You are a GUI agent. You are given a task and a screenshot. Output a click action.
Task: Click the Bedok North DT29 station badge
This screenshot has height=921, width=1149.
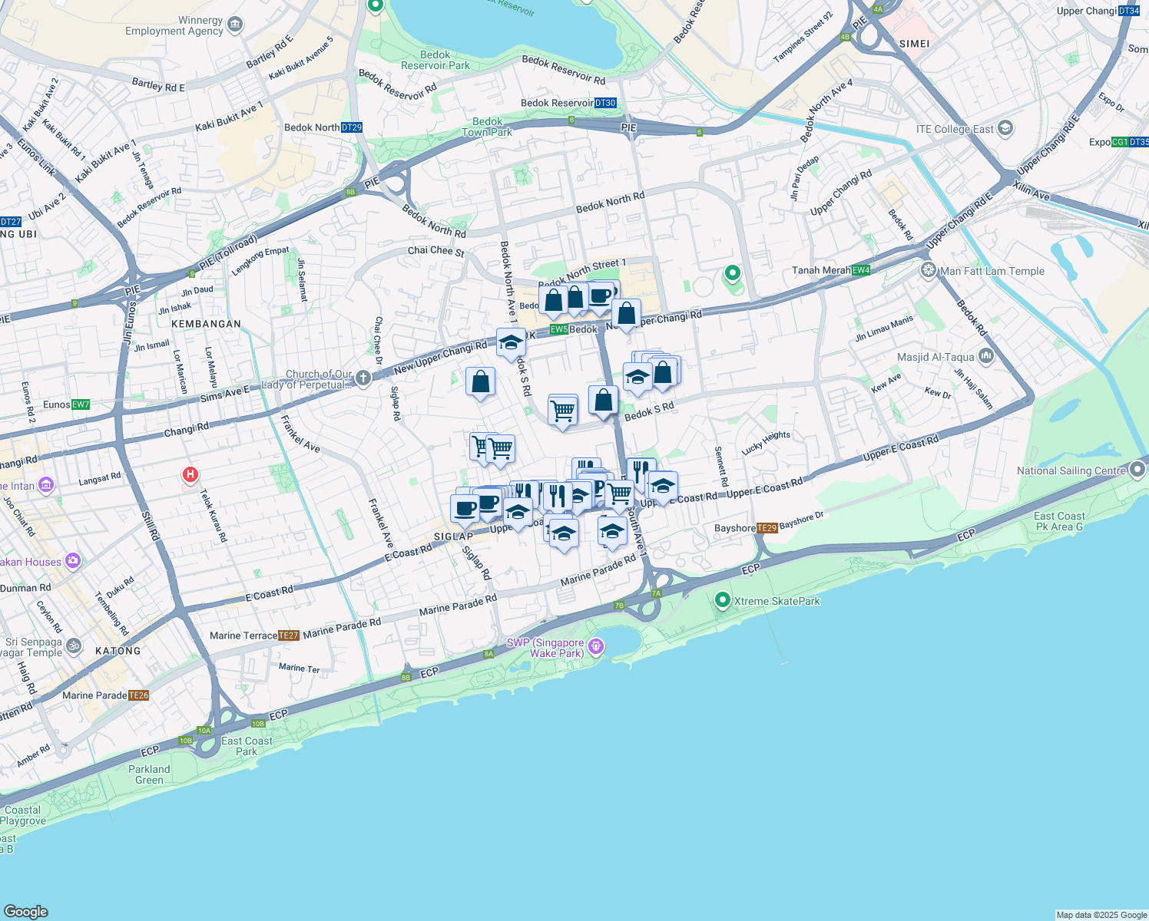351,127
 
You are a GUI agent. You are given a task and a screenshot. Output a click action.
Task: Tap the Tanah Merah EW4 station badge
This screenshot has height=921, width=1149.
861,270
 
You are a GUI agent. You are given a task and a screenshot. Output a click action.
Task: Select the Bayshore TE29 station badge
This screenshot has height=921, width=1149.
767,528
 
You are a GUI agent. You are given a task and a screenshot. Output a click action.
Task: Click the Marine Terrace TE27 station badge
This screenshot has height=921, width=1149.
288,635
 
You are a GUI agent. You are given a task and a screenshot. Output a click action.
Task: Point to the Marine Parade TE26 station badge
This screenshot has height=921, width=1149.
138,695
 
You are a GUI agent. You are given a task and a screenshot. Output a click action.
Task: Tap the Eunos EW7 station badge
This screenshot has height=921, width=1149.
81,404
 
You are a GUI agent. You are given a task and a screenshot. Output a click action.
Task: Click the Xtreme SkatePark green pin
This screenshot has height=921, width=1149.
722,600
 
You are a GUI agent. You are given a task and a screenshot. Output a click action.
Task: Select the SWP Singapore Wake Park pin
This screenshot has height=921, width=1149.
596,648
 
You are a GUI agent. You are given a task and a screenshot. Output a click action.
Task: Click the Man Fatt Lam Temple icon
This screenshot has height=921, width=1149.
929,270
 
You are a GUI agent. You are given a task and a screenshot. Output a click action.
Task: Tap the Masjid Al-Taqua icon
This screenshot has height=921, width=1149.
986,356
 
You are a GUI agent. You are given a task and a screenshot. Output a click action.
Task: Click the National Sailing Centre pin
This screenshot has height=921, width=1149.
1137,470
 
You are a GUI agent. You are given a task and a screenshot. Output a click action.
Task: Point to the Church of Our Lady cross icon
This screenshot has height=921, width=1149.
363,378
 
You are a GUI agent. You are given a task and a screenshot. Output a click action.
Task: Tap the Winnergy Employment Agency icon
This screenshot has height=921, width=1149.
235,25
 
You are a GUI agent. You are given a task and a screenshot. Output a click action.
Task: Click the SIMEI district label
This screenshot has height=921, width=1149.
914,44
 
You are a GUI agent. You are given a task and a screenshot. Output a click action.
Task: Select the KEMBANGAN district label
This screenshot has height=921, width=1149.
206,324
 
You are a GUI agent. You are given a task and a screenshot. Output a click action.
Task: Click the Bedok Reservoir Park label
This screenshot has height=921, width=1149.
435,60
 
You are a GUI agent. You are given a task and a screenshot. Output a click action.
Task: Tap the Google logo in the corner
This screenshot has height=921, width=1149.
26,912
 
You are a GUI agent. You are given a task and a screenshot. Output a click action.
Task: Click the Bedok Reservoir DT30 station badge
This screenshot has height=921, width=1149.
605,103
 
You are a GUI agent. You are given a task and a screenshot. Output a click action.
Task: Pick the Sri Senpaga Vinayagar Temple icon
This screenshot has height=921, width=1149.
73,645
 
